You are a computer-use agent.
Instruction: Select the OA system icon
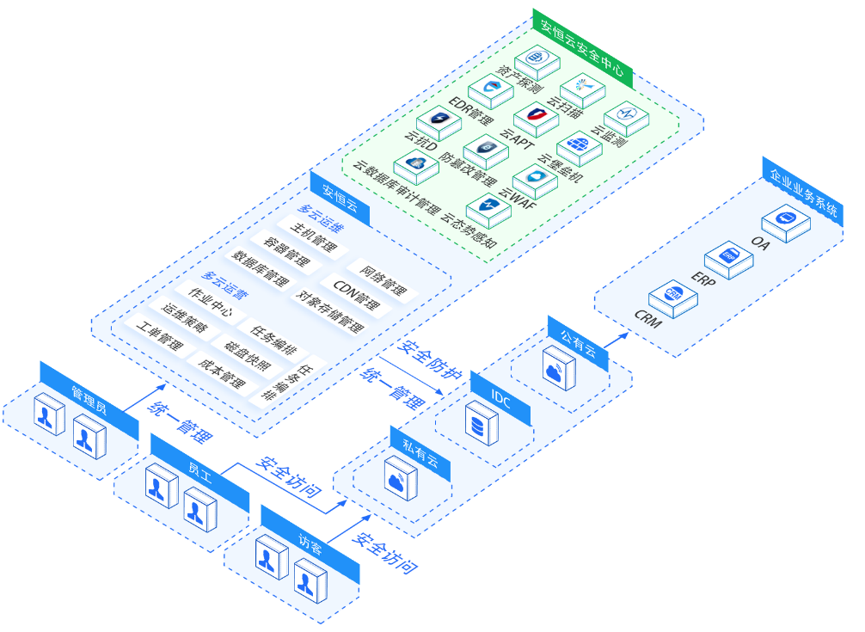pos(786,220)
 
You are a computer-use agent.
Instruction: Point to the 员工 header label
pos(199,472)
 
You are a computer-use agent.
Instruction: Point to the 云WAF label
pos(516,203)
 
